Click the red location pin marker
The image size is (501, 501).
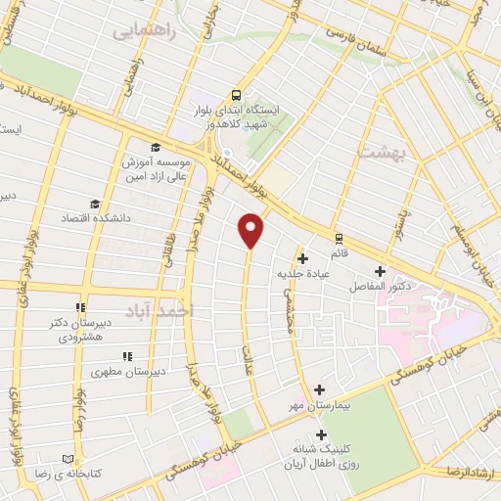point(251,229)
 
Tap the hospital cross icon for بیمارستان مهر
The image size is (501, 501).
point(320,389)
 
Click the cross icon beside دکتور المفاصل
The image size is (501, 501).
point(380,271)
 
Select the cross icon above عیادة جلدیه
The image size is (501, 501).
point(303,258)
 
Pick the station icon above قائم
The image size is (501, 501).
point(339,237)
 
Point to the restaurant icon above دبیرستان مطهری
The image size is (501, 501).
point(125,357)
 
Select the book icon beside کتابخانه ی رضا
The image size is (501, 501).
point(68,459)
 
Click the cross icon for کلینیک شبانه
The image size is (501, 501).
point(320,434)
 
